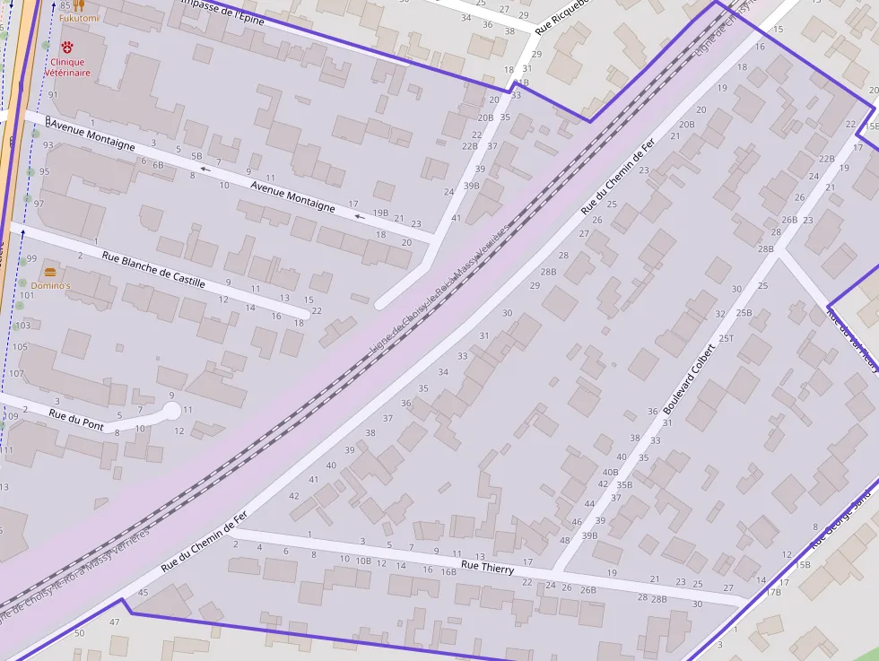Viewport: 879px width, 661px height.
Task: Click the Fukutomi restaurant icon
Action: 80,5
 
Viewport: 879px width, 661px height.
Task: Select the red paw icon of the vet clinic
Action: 67,47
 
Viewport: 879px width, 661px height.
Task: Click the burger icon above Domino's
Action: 50,272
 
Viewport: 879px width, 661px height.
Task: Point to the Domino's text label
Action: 50,285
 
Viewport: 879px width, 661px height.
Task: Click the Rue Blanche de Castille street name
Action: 153,269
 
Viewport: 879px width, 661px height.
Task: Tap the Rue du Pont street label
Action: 76,419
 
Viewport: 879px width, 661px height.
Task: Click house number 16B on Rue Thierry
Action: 448,570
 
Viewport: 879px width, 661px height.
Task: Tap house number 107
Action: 16,373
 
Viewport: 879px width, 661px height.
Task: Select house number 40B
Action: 611,472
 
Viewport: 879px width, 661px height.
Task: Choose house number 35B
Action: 624,484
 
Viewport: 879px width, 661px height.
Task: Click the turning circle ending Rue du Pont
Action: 171,410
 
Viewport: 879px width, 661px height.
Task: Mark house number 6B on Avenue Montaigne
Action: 158,165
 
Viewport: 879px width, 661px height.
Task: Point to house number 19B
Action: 380,213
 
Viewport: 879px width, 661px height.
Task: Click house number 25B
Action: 744,313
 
